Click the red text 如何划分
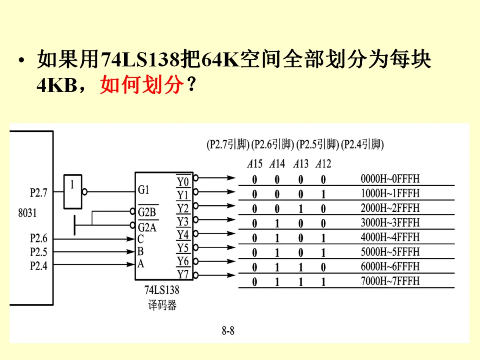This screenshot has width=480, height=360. click(x=141, y=84)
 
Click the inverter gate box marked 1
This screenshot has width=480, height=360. click(x=73, y=192)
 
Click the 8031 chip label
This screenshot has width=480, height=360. click(x=28, y=213)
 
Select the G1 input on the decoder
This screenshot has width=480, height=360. click(x=144, y=190)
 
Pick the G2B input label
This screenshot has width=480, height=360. click(x=147, y=212)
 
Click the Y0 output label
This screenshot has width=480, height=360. click(x=183, y=181)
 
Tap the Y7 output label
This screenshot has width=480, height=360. click(x=183, y=274)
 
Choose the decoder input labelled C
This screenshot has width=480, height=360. click(x=140, y=239)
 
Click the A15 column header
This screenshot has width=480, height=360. click(x=255, y=164)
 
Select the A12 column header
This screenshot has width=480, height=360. click(x=323, y=164)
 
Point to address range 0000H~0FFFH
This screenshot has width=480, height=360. click(x=390, y=179)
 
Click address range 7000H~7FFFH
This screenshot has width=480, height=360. click(x=390, y=281)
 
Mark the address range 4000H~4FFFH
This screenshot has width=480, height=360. click(x=390, y=237)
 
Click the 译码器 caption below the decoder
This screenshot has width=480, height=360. click(x=162, y=306)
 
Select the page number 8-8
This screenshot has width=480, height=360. click(x=228, y=331)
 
